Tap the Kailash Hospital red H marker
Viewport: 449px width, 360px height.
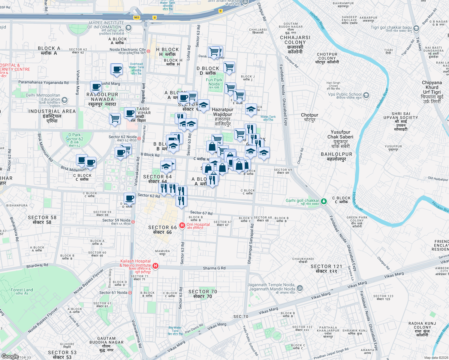[x=155, y=266]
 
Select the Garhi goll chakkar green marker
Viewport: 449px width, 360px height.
[x=324, y=201]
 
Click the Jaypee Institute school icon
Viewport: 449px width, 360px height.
[x=128, y=28]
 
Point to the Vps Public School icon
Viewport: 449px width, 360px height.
[x=366, y=96]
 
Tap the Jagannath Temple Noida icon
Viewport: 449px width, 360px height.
[x=300, y=288]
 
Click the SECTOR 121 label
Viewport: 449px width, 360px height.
[x=326, y=268]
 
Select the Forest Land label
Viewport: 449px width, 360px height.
[x=22, y=291]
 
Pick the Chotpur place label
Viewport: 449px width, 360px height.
[x=309, y=117]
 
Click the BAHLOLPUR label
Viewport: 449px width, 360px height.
[x=336, y=156]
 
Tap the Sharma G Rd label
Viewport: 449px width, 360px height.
[x=214, y=268]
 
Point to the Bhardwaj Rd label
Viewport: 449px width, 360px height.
[x=37, y=265]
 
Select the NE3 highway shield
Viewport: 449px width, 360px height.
[x=137, y=17]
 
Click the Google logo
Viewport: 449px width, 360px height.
[x=10, y=356]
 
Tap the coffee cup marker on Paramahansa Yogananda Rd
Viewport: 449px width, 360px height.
[x=96, y=87]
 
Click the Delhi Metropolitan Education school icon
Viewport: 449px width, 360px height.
[x=64, y=100]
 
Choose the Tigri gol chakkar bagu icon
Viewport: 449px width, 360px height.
[x=416, y=28]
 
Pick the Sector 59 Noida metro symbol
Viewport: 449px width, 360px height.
[x=133, y=222]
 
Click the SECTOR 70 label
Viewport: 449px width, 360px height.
[x=203, y=294]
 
